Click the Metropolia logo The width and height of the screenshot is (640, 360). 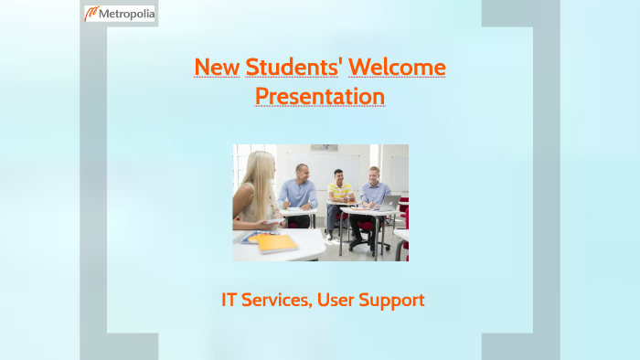pos(120,14)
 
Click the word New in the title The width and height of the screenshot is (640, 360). pos(217,67)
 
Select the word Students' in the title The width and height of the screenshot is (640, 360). pos(293,67)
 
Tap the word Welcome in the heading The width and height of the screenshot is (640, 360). pos(398,67)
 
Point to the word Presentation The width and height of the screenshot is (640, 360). pos(320,96)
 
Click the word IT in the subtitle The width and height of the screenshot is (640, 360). pos(230,299)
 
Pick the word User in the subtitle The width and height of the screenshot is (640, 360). pos(340,299)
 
